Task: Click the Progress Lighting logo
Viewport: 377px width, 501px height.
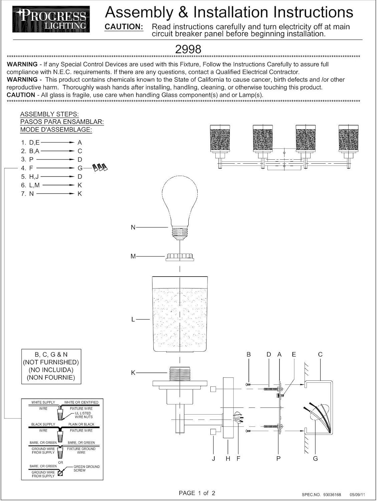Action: pyautogui.click(x=51, y=19)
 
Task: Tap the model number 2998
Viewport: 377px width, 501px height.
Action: pyautogui.click(x=188, y=49)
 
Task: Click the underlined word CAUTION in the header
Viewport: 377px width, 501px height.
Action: pyautogui.click(x=124, y=27)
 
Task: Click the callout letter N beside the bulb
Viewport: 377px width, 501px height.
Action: pyautogui.click(x=133, y=227)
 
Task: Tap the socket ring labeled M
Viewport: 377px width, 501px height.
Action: pyautogui.click(x=180, y=257)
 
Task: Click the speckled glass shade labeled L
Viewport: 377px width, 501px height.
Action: pyautogui.click(x=180, y=314)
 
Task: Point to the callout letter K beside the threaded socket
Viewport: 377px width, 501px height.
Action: pyautogui.click(x=133, y=373)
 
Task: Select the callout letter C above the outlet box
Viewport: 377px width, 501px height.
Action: pyautogui.click(x=320, y=354)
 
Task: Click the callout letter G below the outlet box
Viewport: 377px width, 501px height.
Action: pyautogui.click(x=315, y=458)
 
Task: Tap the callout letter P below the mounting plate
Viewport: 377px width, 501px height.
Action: pyautogui.click(x=278, y=458)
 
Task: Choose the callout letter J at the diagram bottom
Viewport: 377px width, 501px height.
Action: pyautogui.click(x=213, y=458)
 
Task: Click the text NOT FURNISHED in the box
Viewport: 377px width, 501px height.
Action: pyautogui.click(x=51, y=362)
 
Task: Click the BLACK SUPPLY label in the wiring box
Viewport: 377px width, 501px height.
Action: pyautogui.click(x=43, y=424)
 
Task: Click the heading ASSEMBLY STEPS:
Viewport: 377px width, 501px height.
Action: pyautogui.click(x=49, y=114)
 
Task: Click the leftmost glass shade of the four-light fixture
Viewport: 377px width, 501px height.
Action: pyautogui.click(x=220, y=139)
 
